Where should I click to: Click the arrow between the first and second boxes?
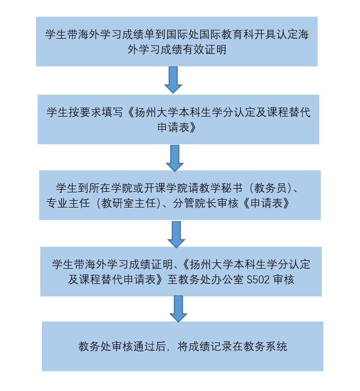click(173, 80)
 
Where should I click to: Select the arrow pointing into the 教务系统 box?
click(178, 309)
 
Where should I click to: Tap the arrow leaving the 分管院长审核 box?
click(176, 234)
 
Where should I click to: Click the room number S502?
click(259, 279)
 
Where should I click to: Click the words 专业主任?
click(66, 203)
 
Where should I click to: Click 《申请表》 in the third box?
click(264, 203)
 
